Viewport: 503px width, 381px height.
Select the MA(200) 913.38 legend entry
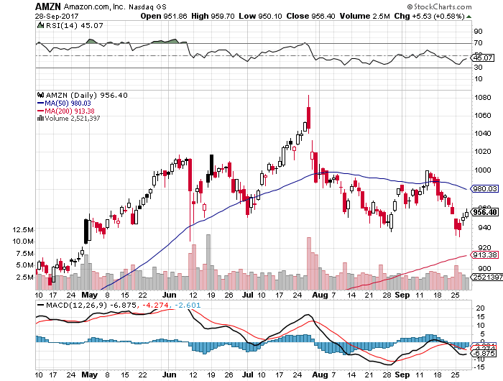pos(73,110)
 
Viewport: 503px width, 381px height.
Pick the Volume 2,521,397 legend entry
pos(71,118)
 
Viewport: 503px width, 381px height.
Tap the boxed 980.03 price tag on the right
pos(486,189)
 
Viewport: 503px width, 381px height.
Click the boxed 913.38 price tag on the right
pos(486,254)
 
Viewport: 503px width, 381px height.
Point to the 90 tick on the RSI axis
pos(477,32)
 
